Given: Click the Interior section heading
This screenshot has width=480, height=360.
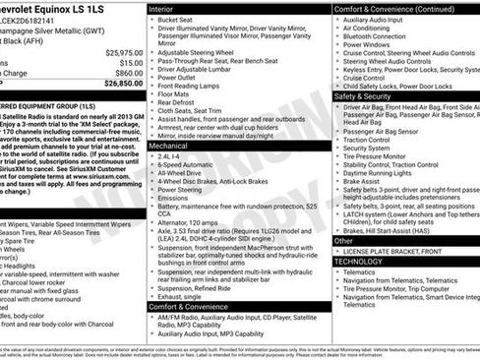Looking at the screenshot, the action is [161, 8].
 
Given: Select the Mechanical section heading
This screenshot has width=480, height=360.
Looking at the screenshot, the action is [170, 145].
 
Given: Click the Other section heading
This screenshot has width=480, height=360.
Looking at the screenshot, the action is [343, 240].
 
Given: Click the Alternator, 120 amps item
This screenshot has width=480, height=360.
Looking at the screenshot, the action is [194, 221].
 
